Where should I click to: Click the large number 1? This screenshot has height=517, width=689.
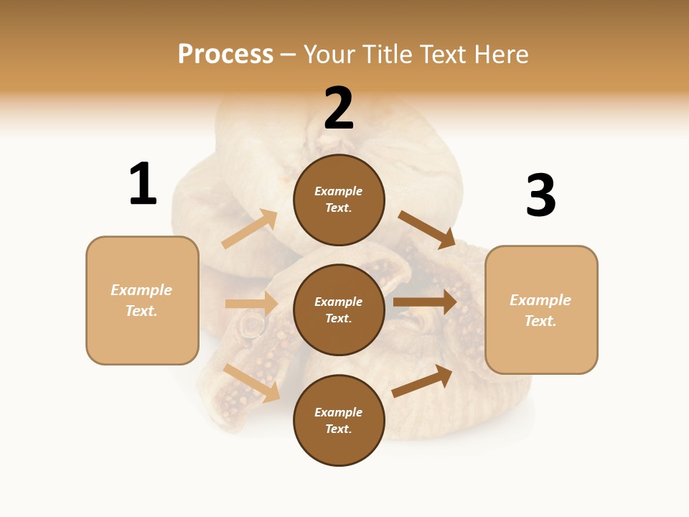click(143, 184)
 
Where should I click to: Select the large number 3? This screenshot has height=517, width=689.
click(540, 196)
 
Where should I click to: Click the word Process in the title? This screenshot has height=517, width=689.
click(225, 54)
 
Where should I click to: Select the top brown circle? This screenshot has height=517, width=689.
click(339, 200)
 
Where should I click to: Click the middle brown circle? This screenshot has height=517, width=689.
click(339, 309)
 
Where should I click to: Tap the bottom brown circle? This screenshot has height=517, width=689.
click(339, 420)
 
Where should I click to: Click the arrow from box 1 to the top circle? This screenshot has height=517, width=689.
click(250, 229)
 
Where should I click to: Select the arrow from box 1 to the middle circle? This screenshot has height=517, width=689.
click(251, 304)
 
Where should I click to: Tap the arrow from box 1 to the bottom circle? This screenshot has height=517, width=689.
click(252, 383)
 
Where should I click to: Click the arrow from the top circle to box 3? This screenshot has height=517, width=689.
click(426, 229)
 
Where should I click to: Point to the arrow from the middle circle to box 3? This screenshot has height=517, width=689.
click(425, 302)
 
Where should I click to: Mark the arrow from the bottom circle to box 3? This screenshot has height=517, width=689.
click(422, 381)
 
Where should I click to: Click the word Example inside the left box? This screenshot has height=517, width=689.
click(141, 290)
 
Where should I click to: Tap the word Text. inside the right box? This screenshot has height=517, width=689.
click(540, 321)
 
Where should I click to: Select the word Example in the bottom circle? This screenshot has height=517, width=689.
click(338, 412)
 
